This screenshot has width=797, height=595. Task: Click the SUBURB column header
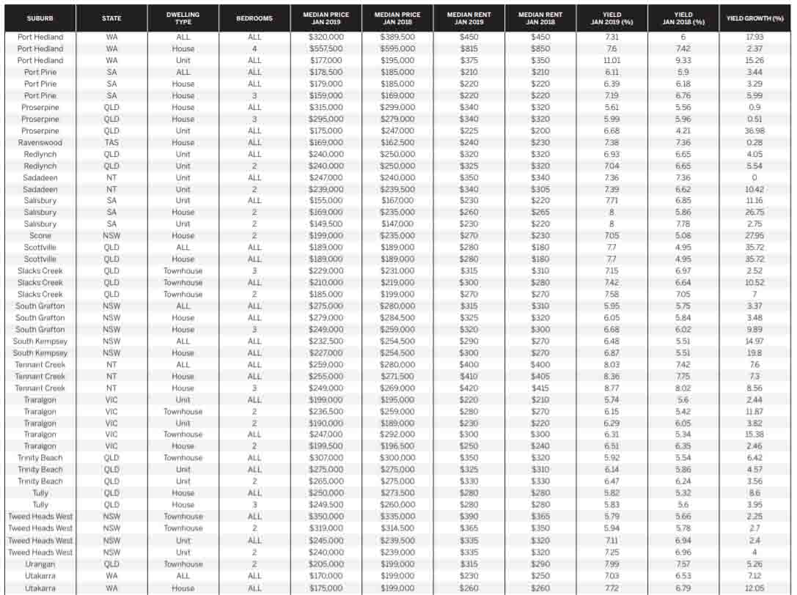point(40,18)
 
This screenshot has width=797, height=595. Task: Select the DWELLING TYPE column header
point(183,18)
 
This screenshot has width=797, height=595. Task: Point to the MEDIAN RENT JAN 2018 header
point(540,18)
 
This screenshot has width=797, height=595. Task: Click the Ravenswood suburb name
point(40,143)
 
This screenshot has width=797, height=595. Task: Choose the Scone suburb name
point(40,236)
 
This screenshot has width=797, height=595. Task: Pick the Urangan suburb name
point(40,564)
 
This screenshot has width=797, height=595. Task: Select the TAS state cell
point(112,143)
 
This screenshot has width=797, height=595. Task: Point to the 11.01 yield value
point(611,61)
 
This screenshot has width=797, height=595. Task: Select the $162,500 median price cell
point(397,143)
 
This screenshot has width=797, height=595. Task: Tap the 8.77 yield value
point(611,388)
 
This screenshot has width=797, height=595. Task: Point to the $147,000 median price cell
point(397,224)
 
